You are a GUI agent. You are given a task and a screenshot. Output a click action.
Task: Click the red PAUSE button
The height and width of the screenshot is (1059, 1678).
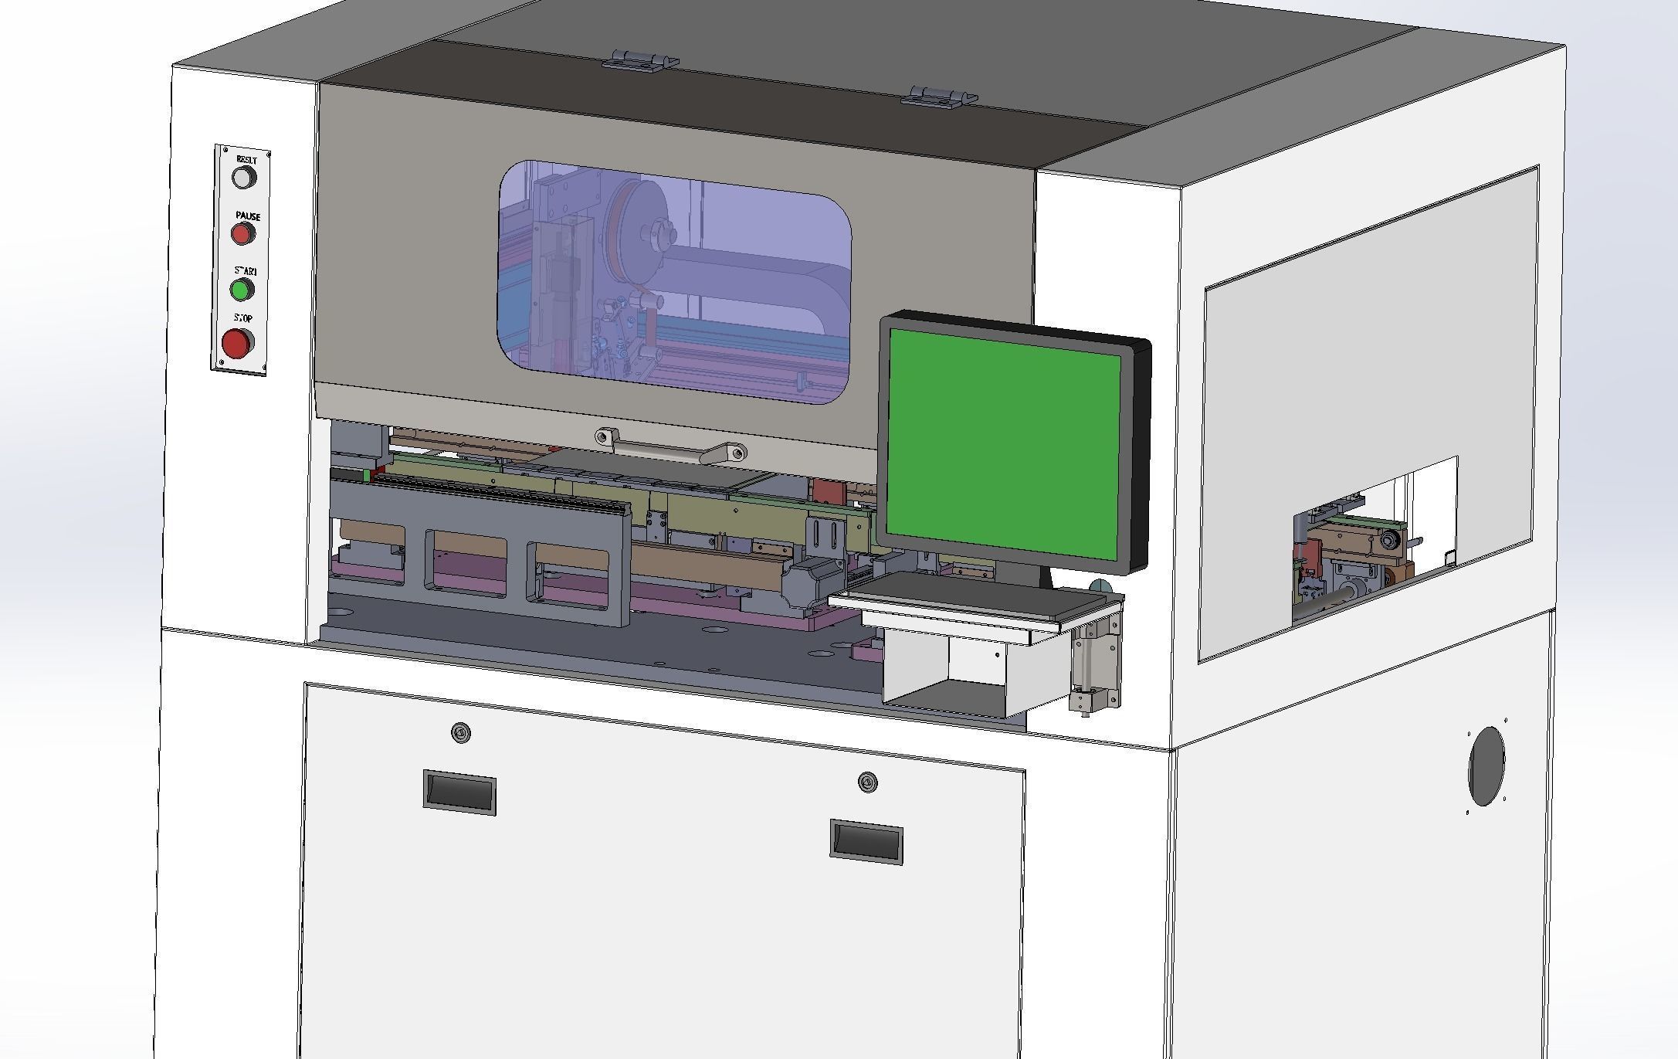[x=242, y=233]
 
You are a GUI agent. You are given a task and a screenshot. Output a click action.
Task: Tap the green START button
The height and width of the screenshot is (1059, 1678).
[x=242, y=290]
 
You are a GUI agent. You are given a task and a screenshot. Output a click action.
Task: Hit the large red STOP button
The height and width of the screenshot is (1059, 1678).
[x=236, y=343]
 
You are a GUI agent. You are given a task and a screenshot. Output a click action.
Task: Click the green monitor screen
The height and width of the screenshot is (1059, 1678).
[x=1004, y=444]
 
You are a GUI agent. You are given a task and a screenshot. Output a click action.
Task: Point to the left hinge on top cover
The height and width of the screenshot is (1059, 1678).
[x=641, y=60]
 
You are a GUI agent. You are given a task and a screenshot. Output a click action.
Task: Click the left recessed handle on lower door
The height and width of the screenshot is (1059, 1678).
[x=459, y=791]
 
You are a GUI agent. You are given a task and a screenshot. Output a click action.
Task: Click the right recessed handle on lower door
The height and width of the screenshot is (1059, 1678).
[x=866, y=841]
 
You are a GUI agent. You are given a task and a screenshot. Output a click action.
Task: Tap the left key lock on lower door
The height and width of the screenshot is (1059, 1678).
[x=461, y=732]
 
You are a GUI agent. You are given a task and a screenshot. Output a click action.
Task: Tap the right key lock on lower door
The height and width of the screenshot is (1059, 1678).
[x=868, y=783]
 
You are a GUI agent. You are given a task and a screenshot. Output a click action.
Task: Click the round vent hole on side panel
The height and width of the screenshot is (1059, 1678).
[x=1486, y=765]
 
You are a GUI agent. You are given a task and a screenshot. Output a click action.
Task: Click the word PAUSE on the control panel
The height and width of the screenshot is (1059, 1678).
[x=248, y=216]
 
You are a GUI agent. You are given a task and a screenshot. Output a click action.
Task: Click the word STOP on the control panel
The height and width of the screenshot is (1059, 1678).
[x=243, y=318]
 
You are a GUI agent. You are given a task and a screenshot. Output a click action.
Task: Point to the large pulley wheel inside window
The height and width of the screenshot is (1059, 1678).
[x=638, y=224]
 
